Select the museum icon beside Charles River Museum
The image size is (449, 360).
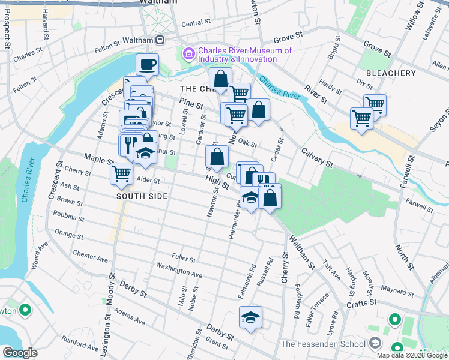[189, 55]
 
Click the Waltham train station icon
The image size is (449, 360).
[160, 40]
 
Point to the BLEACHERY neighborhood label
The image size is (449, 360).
[391, 73]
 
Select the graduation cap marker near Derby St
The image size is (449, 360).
[251, 317]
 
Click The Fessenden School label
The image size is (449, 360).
[323, 344]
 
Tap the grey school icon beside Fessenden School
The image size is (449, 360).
[375, 344]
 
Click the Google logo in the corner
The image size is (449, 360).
[20, 353]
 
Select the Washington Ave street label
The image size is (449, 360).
[178, 269]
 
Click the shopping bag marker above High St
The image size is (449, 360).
[216, 157]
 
